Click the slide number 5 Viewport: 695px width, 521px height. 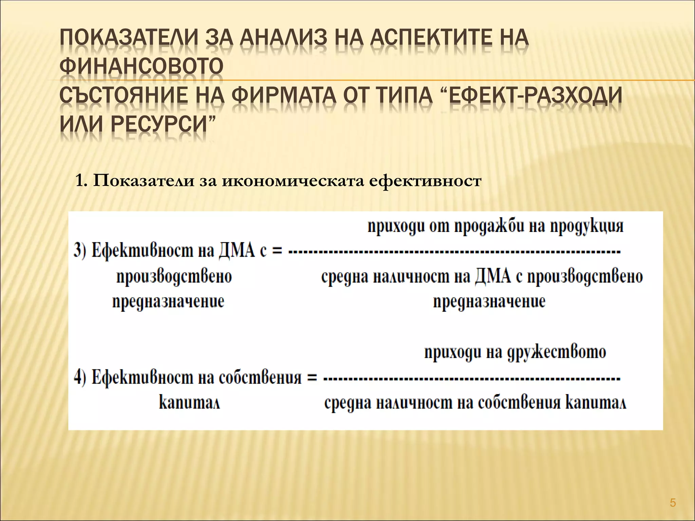673,502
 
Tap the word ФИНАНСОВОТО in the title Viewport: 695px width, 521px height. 142,66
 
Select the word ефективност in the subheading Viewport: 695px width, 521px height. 425,181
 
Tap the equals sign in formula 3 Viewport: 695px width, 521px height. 277,252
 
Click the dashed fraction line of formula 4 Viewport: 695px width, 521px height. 472,378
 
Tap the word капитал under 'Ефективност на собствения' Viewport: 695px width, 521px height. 189,403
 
